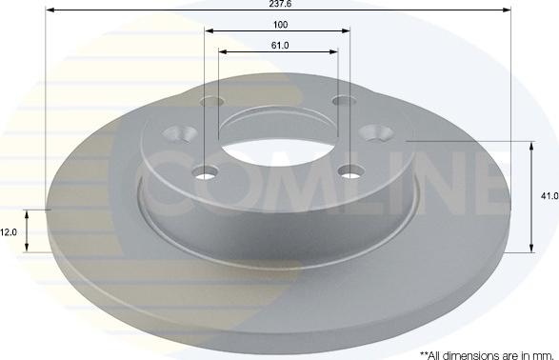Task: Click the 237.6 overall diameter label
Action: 280,4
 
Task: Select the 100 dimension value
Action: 280,25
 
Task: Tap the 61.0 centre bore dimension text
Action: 280,46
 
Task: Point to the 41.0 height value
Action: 549,195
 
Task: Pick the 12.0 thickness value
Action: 9,232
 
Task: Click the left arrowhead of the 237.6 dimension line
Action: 50,10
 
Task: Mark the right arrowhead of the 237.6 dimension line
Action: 507,10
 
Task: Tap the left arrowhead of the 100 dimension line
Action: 209,30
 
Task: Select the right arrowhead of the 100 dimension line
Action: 346,30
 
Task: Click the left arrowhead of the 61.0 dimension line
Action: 223,51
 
